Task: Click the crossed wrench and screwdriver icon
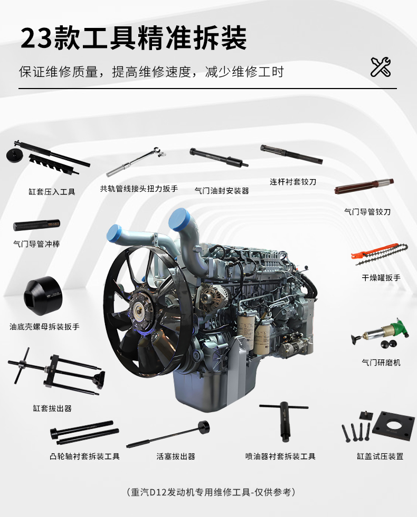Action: (381, 67)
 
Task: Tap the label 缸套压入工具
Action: (52, 192)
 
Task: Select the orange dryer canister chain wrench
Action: (380, 254)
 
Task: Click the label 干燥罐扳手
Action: (381, 278)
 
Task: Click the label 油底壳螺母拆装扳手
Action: (44, 327)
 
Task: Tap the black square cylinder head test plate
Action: (393, 427)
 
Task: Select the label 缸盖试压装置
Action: (380, 456)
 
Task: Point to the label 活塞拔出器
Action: (176, 456)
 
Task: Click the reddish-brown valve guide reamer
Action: (364, 186)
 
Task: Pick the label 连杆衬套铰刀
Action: (293, 182)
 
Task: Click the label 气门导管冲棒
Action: (36, 244)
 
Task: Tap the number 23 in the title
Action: (36, 38)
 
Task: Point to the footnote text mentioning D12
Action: (211, 492)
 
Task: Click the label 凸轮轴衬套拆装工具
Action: (85, 456)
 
